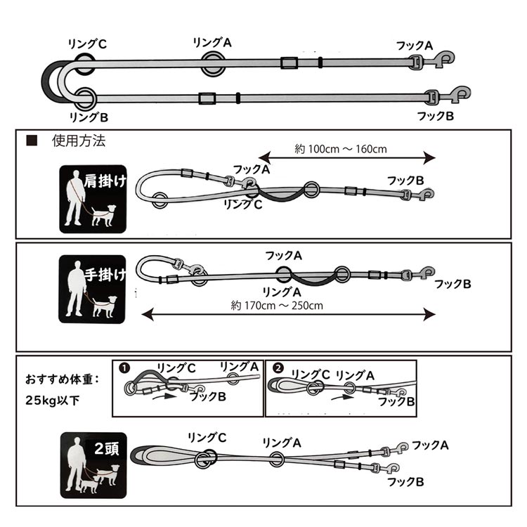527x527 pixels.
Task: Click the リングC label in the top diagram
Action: [x=87, y=44]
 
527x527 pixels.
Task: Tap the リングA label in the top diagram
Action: [x=212, y=43]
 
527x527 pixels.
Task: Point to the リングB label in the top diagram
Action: [x=89, y=117]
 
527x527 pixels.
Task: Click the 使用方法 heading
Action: [x=79, y=141]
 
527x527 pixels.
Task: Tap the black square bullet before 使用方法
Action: [x=32, y=141]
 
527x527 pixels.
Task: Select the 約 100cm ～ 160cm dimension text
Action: [x=341, y=149]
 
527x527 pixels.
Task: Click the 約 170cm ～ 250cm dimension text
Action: [x=277, y=306]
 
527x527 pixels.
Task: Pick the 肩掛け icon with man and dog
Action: [x=93, y=199]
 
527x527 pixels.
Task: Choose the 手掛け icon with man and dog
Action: [x=93, y=289]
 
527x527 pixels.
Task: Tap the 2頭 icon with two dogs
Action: [x=93, y=465]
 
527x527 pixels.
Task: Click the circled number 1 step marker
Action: [x=124, y=368]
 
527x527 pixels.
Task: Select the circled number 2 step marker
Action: [x=278, y=368]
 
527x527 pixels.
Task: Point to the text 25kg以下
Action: [x=53, y=401]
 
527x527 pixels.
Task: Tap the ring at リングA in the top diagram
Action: [x=213, y=64]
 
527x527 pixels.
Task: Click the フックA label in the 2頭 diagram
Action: [x=430, y=445]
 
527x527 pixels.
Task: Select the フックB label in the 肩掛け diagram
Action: [x=405, y=181]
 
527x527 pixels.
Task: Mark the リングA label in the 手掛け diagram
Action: [x=282, y=292]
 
